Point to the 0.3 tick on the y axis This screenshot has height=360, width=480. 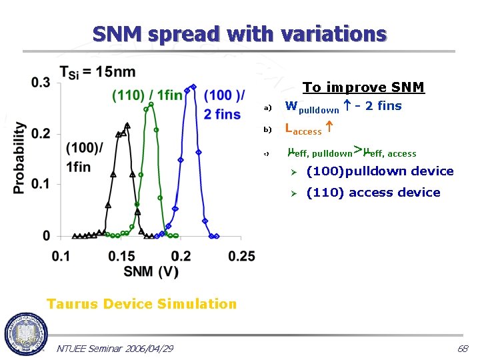click(x=40, y=82)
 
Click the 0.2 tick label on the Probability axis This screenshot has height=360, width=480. click(x=40, y=133)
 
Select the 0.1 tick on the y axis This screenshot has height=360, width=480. click(x=40, y=185)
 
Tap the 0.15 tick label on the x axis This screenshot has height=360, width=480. click(x=120, y=256)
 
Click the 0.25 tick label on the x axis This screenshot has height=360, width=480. click(x=241, y=256)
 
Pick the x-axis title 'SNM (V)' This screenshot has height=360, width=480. click(x=150, y=271)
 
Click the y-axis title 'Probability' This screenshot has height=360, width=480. click(x=19, y=158)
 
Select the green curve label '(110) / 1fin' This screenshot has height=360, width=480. click(x=147, y=95)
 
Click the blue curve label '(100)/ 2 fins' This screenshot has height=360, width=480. click(x=223, y=105)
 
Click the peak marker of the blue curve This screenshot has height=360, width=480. click(x=193, y=86)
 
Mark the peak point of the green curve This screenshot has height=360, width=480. click(x=152, y=105)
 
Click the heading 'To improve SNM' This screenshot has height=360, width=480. click(x=363, y=87)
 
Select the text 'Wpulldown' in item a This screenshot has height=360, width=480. click(x=311, y=107)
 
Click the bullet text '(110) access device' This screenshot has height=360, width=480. click(x=373, y=193)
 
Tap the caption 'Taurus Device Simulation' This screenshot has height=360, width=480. click(x=141, y=304)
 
